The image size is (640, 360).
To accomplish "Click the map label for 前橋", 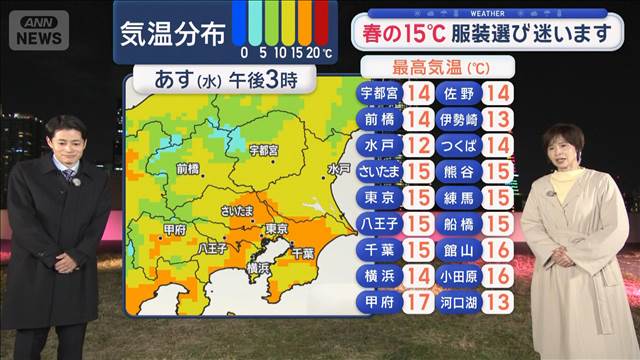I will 189,169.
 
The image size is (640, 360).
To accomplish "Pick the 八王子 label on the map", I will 213,247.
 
